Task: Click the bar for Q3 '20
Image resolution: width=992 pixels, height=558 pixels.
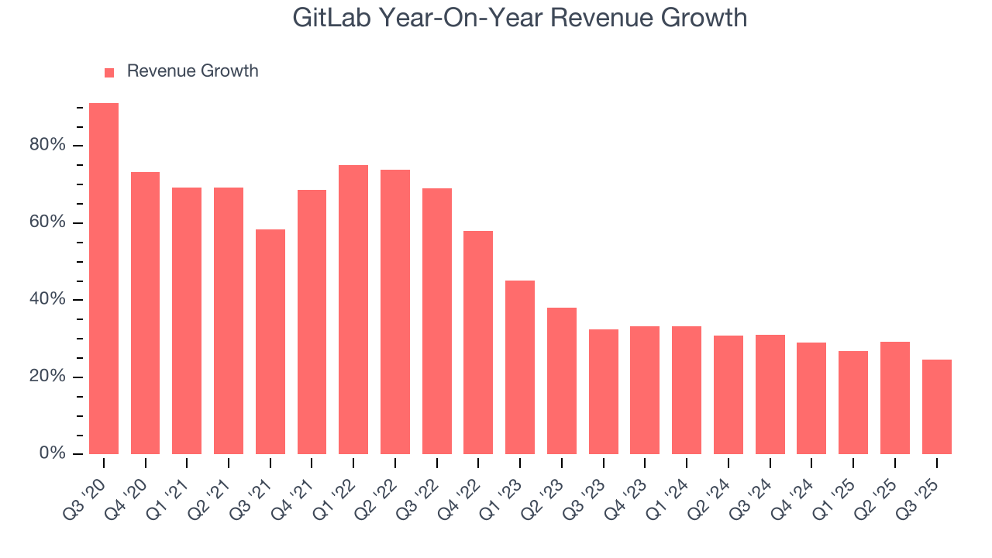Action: tap(104, 279)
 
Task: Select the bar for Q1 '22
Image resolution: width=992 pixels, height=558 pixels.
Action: tap(353, 310)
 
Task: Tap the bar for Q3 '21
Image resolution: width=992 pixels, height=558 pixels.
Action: tap(270, 341)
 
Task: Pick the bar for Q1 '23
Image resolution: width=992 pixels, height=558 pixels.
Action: tap(520, 367)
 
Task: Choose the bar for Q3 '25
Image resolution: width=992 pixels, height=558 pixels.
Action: tap(936, 407)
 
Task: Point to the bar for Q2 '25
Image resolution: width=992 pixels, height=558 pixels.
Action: tap(894, 398)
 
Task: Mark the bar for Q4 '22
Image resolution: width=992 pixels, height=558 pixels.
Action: tap(478, 343)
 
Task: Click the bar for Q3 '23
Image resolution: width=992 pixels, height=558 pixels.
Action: tap(603, 391)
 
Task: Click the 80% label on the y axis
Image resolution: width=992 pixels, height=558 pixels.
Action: tap(48, 146)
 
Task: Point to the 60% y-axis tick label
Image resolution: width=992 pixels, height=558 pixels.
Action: tap(48, 222)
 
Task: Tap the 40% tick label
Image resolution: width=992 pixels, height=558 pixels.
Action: tap(48, 300)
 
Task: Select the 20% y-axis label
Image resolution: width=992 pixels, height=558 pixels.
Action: tap(48, 377)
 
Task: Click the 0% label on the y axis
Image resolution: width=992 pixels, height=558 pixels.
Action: tap(53, 453)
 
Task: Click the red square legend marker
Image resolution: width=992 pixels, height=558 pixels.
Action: tap(109, 73)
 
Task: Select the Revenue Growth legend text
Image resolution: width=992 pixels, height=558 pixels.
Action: tap(192, 71)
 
